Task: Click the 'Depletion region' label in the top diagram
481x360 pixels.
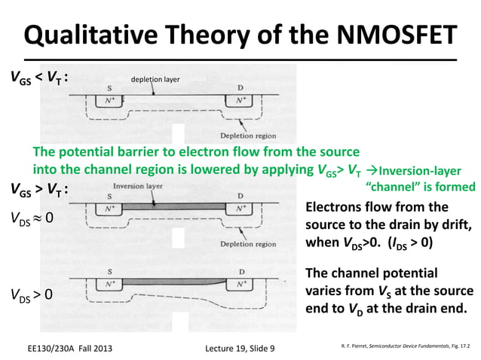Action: tap(253, 136)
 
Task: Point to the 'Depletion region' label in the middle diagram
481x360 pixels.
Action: tap(253, 244)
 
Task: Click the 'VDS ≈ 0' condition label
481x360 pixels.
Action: tap(32, 219)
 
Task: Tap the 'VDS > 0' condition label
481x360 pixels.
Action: tap(32, 294)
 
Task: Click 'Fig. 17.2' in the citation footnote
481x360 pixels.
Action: tap(458, 347)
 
